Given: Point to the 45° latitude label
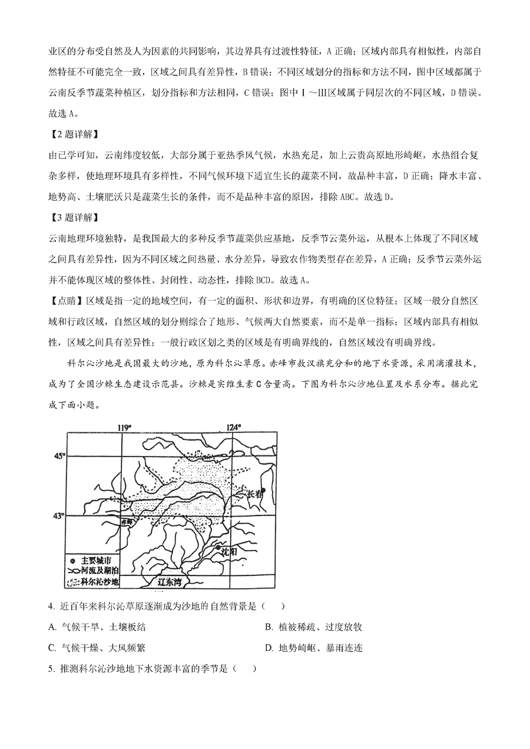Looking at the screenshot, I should tap(58, 456).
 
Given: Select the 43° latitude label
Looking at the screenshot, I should tap(58, 516).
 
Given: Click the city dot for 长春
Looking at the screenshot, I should tap(263, 491).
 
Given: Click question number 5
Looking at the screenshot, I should tap(52, 669).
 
